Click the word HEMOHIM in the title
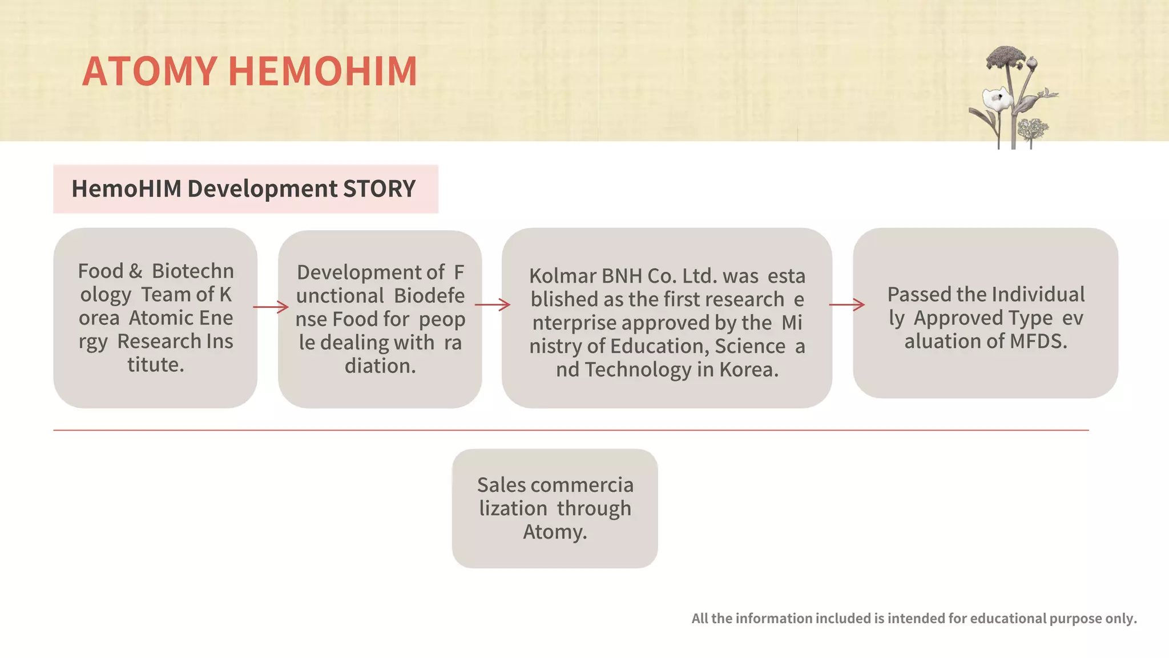[323, 71]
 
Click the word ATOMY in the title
[150, 71]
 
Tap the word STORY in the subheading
[379, 189]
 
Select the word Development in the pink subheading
[263, 189]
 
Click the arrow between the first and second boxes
[271, 307]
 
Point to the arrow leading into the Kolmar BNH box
[493, 305]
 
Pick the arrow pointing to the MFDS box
[847, 305]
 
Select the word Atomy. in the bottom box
[555, 532]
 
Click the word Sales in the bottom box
[501, 485]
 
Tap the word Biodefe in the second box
[429, 296]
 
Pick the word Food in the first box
[100, 271]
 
